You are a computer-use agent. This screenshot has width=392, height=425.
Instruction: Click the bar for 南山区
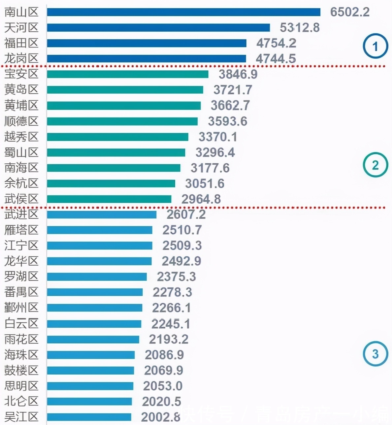(x=183, y=12)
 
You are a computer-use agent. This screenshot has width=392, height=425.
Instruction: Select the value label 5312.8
(x=300, y=28)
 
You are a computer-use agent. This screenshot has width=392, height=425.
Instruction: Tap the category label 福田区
(x=21, y=43)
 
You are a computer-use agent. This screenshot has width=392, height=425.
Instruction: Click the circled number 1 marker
(x=375, y=47)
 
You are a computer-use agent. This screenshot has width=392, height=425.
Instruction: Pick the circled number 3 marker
(x=375, y=354)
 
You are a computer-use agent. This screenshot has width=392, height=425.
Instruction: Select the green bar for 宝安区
(x=127, y=74)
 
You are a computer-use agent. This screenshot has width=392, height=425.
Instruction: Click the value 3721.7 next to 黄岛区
(x=233, y=90)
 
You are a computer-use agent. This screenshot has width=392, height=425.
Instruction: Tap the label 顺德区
(x=21, y=121)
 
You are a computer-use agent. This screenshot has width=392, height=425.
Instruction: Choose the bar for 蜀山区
(x=116, y=152)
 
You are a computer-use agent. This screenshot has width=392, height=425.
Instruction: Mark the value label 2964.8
(x=201, y=199)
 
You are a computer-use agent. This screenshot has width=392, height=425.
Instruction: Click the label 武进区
(x=21, y=214)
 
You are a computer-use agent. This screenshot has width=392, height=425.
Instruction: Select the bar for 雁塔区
(x=100, y=230)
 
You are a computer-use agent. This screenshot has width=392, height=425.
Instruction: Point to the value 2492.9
(x=181, y=261)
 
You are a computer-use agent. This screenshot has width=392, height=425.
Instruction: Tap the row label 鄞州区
(x=21, y=308)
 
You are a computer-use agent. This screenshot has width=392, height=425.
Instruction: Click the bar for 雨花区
(x=93, y=339)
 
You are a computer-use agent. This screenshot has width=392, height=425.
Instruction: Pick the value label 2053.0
(x=163, y=386)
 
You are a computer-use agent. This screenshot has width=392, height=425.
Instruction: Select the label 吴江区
(x=21, y=417)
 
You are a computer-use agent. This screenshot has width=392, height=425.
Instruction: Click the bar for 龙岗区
(x=147, y=59)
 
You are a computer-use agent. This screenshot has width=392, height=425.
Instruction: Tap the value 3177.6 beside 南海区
(x=210, y=168)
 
